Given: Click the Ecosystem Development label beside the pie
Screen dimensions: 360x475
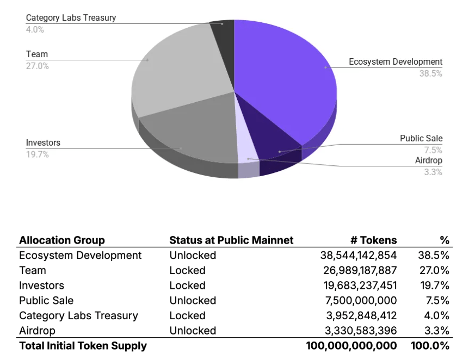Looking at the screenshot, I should point(396,62).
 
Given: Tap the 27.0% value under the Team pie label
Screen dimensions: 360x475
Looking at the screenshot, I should point(38,66).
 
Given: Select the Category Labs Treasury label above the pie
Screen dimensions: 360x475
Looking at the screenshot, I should point(71,18).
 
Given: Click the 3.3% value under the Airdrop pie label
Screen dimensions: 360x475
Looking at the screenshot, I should point(433,172).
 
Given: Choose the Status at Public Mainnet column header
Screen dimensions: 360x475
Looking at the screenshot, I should point(231,240).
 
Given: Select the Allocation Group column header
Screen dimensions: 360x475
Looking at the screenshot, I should point(62,240).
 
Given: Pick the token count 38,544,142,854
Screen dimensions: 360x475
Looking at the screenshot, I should point(359,256).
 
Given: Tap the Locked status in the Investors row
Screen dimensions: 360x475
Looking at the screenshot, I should point(187,285).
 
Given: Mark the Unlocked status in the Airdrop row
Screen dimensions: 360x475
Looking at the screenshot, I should point(193,331).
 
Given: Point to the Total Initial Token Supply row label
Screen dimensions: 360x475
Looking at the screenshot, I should point(83,346).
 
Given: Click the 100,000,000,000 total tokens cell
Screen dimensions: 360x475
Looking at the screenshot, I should point(351,346).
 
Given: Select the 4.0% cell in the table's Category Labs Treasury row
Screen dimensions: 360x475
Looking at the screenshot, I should point(437,316).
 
